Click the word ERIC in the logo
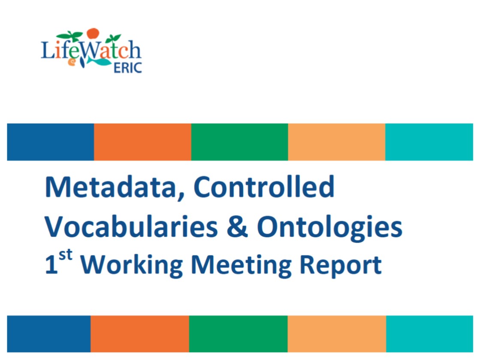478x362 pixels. [x=128, y=68]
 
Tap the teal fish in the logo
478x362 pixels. [x=100, y=61]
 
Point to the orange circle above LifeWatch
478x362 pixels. [x=93, y=33]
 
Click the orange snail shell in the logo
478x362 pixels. [x=72, y=62]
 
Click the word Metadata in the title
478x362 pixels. [x=111, y=187]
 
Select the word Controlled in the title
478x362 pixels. [x=264, y=186]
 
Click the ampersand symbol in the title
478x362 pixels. [x=237, y=227]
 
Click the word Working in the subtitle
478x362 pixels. [x=131, y=266]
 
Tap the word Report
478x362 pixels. [x=341, y=266]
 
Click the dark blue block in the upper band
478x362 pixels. [x=51, y=142]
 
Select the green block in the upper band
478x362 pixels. [x=239, y=142]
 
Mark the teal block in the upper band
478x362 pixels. [x=429, y=142]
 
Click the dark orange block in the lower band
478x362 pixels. [x=140, y=334]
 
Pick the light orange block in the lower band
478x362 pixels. [x=337, y=334]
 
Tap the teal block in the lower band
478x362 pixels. [x=430, y=334]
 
